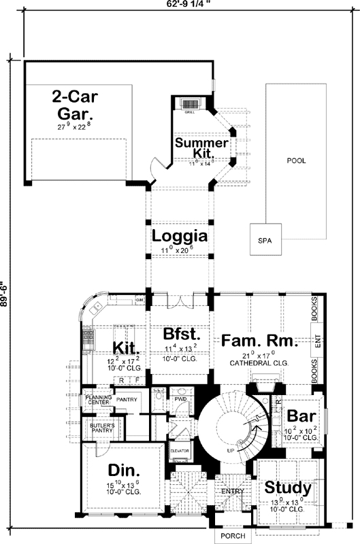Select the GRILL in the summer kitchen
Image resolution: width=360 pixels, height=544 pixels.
click(x=190, y=105)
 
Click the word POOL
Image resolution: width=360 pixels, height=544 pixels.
click(x=296, y=161)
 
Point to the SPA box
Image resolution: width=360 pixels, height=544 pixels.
click(x=265, y=241)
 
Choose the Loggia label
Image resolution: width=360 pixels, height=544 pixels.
click(x=179, y=237)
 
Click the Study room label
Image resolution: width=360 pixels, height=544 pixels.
click(x=288, y=488)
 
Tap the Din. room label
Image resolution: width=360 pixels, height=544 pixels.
click(x=123, y=471)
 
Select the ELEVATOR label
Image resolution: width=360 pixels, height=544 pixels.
click(x=179, y=450)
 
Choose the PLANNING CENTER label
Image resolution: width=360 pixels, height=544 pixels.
click(x=99, y=399)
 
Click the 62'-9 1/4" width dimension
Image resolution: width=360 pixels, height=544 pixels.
click(x=186, y=4)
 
